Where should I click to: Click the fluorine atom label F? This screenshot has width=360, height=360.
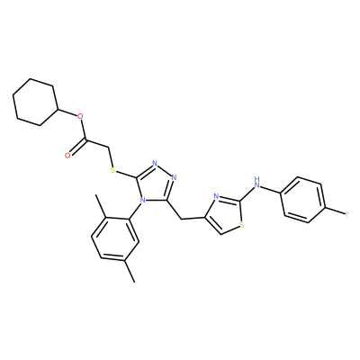pyautogui.click(x=347, y=214)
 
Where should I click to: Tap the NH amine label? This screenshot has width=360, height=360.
pyautogui.click(x=256, y=182)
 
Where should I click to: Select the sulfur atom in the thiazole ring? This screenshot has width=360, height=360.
pyautogui.click(x=242, y=224)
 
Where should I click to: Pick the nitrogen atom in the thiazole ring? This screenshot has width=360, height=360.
pyautogui.click(x=216, y=197)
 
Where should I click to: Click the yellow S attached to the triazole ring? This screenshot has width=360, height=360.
pyautogui.click(x=112, y=171)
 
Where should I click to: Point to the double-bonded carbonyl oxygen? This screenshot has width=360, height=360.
pyautogui.click(x=67, y=155)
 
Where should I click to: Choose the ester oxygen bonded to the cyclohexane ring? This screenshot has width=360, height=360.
pyautogui.click(x=79, y=116)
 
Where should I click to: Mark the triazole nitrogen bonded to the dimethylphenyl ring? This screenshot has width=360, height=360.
pyautogui.click(x=143, y=199)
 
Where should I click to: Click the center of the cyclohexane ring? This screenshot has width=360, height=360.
pyautogui.click(x=35, y=102)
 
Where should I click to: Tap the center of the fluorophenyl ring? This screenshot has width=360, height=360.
pyautogui.click(x=302, y=200)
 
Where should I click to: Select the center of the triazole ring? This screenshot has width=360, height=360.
pyautogui.click(x=156, y=184)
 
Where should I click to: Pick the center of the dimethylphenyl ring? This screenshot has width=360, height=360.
pyautogui.click(x=114, y=238)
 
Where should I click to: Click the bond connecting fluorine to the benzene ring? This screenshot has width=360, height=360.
pyautogui.click(x=335, y=211)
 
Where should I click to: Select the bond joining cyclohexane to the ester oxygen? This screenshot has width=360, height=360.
pyautogui.click(x=67, y=112)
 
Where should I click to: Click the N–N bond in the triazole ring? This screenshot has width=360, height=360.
pyautogui.click(x=164, y=170)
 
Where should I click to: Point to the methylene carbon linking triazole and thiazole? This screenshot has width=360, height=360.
pyautogui.click(x=182, y=219)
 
